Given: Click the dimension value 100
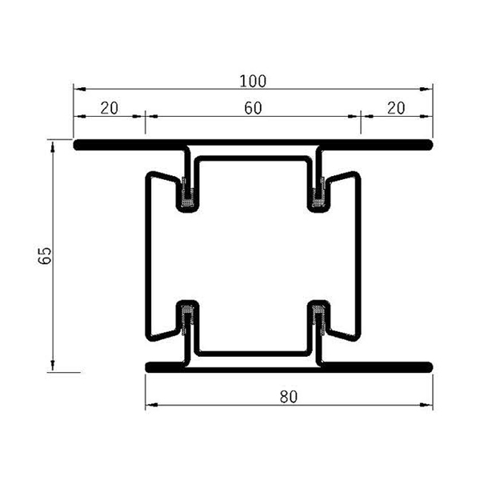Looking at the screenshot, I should (x=253, y=81).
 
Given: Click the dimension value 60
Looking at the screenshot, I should (x=253, y=110).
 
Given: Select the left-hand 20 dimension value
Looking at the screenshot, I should (x=110, y=110).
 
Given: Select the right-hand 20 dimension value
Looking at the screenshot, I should (x=396, y=110).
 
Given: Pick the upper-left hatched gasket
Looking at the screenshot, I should (x=190, y=195).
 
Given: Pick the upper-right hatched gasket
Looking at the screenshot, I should (x=319, y=195).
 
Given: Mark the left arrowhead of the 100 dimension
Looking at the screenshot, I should (x=78, y=89).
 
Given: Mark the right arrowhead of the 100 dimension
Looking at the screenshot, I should (x=429, y=89).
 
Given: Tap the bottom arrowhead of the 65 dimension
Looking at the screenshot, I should (x=54, y=367).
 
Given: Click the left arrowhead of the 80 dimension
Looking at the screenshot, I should (x=150, y=406).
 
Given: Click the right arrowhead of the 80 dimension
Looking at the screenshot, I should (x=429, y=406).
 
